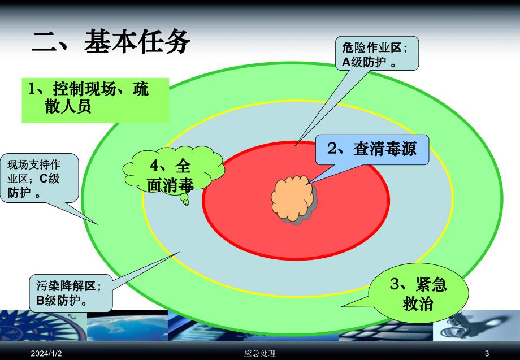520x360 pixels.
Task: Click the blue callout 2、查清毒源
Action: pos(371,149)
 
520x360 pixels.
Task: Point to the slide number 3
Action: pos(486,353)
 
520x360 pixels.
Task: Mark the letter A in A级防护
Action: pos(346,63)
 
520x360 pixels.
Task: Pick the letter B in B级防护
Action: pos(40,301)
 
